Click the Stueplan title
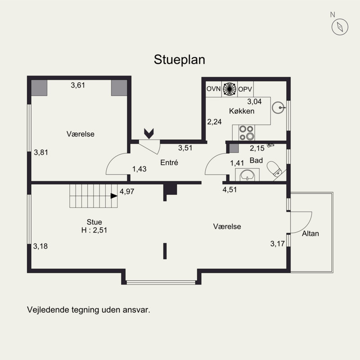(179, 60)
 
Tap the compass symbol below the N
(340, 27)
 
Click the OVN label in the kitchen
(213, 89)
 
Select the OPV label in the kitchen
(245, 89)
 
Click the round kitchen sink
(278, 108)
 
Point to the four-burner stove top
(246, 132)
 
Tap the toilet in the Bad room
(274, 169)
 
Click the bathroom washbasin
(247, 175)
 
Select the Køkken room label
(242, 111)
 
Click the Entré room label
(169, 162)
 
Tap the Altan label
(310, 234)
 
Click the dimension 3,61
(78, 85)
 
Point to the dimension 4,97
(127, 191)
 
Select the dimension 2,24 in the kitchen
(214, 121)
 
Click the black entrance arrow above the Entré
(149, 134)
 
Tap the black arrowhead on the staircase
(114, 196)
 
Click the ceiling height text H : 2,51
(94, 230)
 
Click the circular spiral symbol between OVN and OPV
(229, 89)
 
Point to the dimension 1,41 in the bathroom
(237, 163)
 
